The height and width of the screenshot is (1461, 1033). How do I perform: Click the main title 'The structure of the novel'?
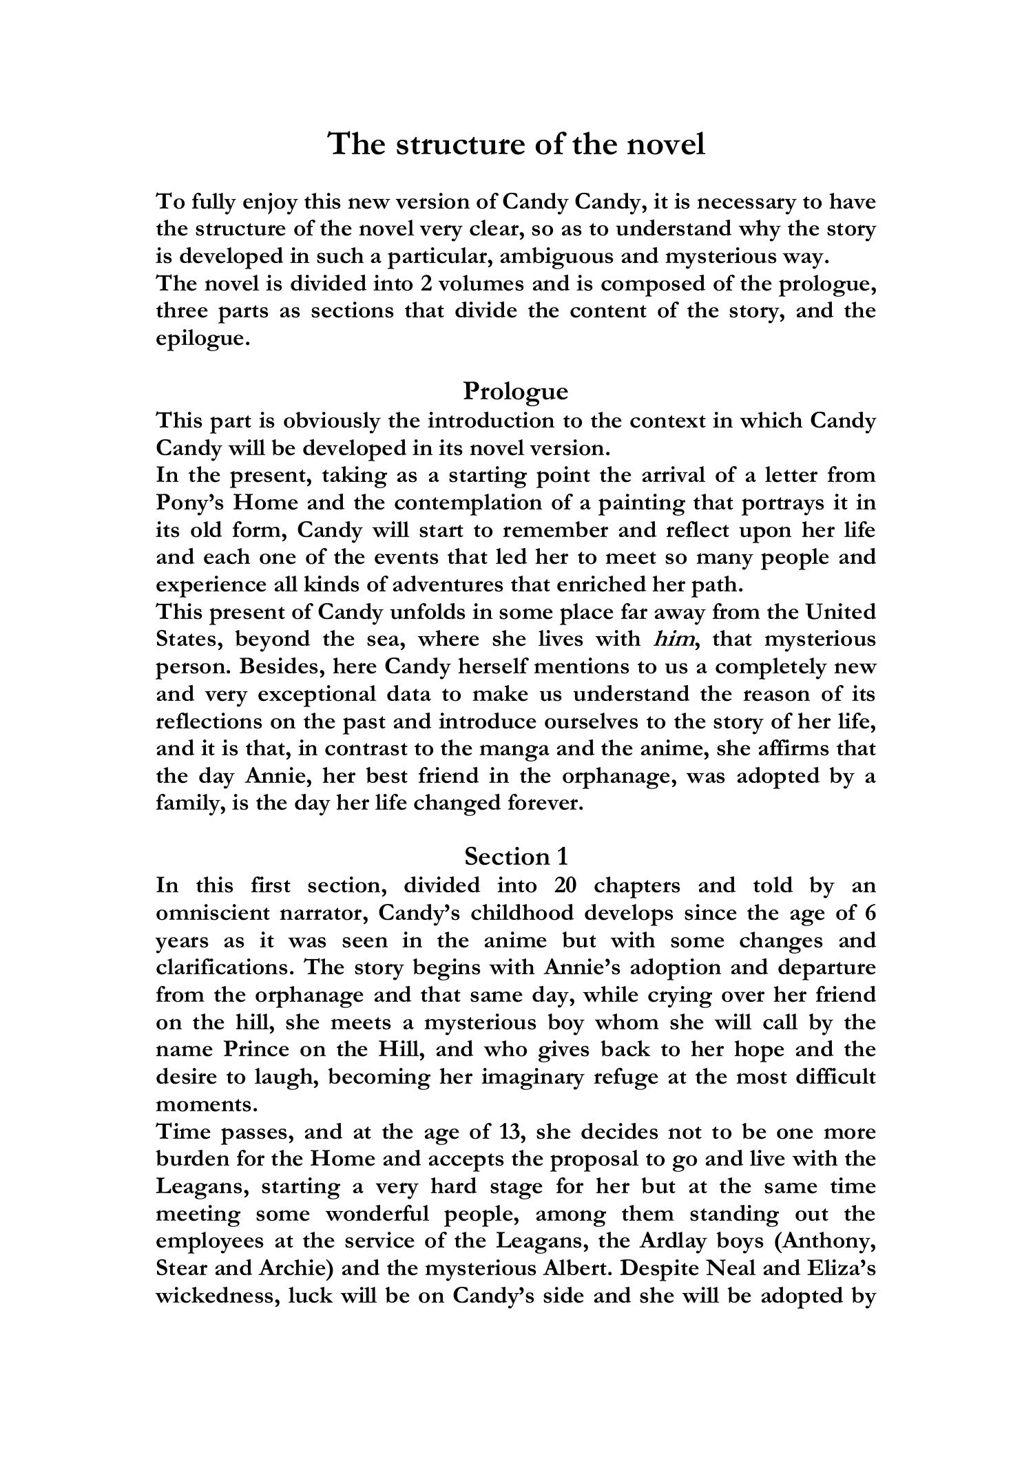[516, 144]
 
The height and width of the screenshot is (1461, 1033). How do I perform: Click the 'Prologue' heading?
[516, 391]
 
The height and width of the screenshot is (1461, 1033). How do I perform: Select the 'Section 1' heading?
[516, 856]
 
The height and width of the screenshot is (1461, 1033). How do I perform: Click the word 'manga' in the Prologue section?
[519, 748]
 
